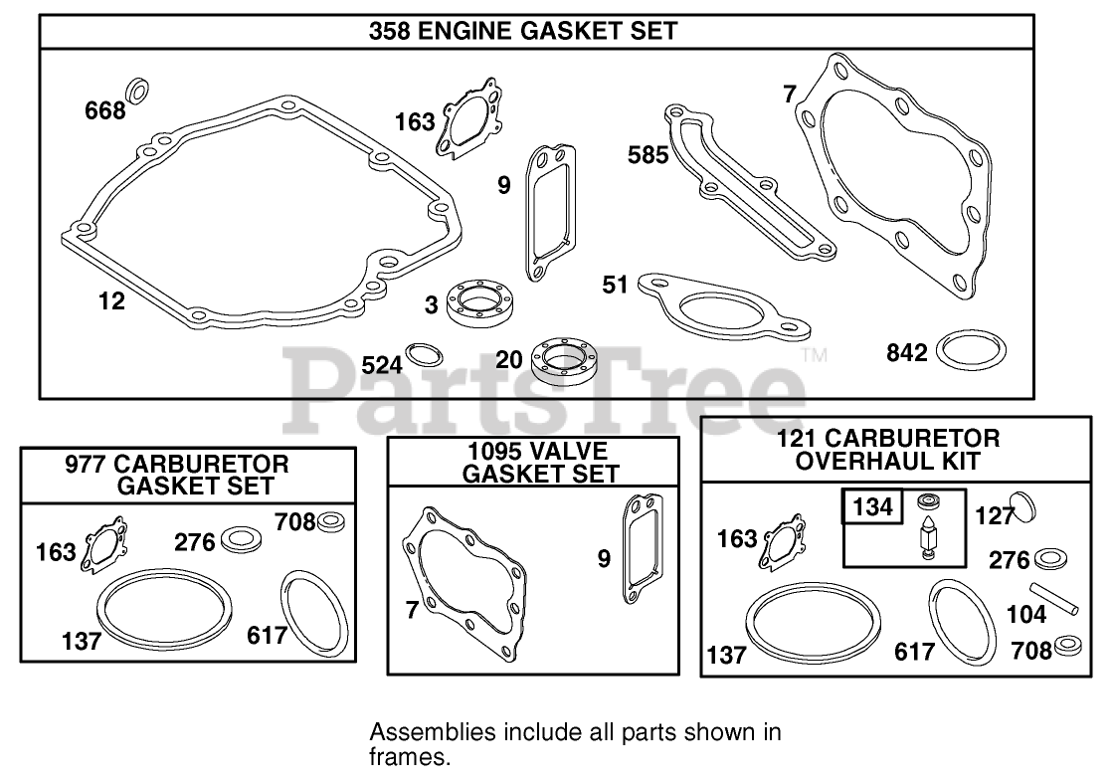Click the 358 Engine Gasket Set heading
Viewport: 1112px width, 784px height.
click(x=522, y=31)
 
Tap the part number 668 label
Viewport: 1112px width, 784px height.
click(x=104, y=109)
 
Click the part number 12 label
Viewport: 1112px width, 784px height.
click(x=112, y=300)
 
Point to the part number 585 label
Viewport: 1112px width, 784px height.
click(x=648, y=154)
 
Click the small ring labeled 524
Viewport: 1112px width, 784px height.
click(x=426, y=355)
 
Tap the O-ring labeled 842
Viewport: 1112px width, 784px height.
click(x=973, y=350)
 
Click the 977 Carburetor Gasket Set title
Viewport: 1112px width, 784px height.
click(x=190, y=474)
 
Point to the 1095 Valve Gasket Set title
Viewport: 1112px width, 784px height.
click(x=540, y=462)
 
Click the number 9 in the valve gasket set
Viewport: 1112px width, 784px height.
click(x=604, y=559)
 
